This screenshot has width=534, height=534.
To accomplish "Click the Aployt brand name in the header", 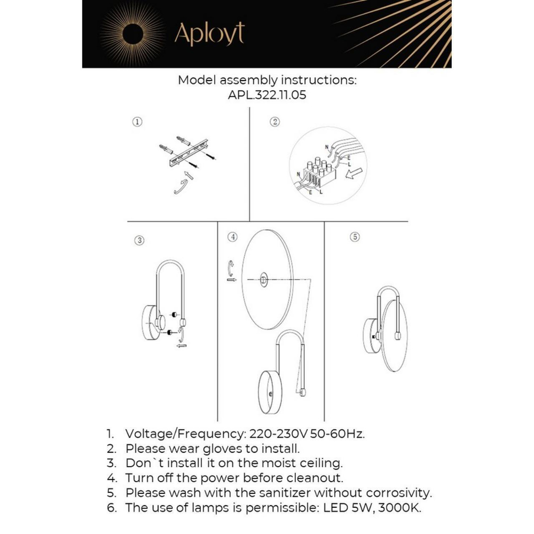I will (209, 35).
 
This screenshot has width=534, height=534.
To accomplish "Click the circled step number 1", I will (138, 122).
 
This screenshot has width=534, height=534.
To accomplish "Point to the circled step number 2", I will (276, 122).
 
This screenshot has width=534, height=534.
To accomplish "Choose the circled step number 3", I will (139, 240).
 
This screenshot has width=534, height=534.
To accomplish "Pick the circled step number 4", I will (232, 237).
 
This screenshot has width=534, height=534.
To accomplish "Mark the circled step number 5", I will (355, 237).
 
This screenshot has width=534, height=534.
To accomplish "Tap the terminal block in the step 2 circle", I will (319, 172).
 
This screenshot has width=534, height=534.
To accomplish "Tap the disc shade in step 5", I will (396, 335).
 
